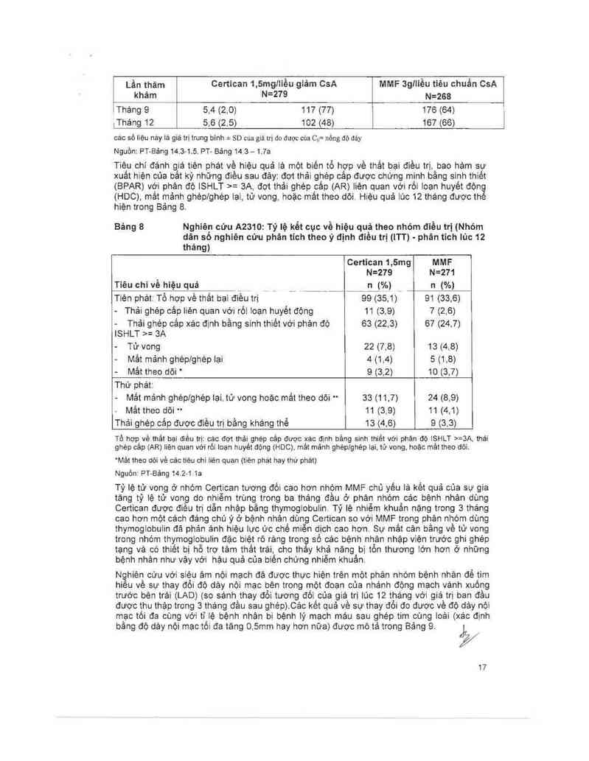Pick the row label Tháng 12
pyautogui.click(x=135, y=122)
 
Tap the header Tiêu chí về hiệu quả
pyautogui.click(x=155, y=284)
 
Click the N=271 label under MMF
pyautogui.click(x=442, y=272)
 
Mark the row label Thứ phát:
pyautogui.click(x=130, y=385)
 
